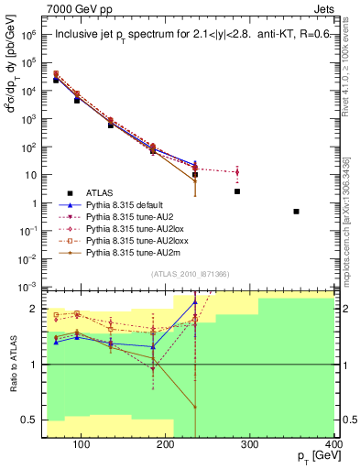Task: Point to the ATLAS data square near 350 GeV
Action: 296,212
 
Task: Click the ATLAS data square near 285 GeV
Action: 237,191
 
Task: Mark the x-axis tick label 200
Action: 166,446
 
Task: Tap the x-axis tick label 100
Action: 82,446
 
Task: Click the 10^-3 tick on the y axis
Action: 30,288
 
